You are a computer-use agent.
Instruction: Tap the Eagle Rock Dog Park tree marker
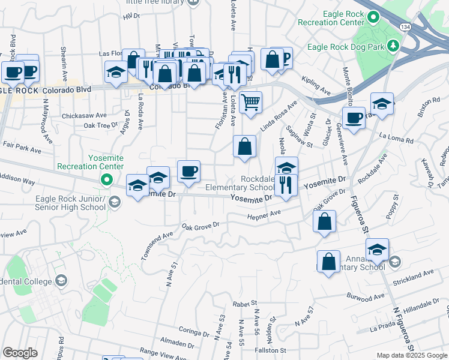[393, 46]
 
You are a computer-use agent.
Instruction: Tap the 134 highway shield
[406, 28]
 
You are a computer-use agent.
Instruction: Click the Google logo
[20, 353]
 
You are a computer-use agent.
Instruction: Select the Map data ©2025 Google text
[412, 355]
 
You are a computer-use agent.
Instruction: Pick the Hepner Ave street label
[265, 215]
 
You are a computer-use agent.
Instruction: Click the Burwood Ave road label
[366, 296]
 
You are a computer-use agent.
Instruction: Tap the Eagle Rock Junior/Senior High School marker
[113, 202]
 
